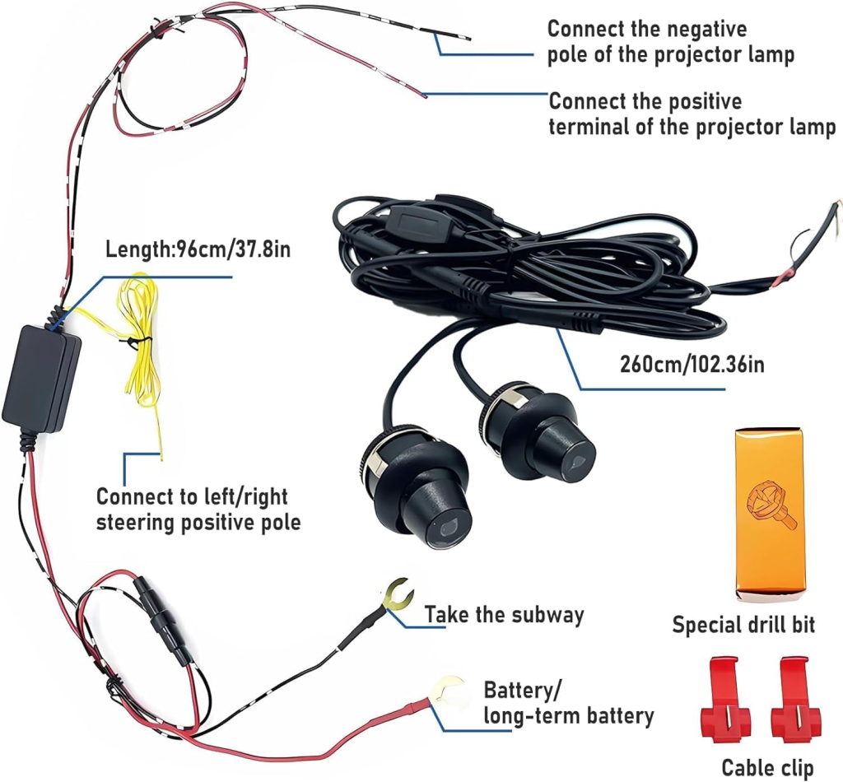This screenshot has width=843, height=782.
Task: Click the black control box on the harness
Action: [41, 379]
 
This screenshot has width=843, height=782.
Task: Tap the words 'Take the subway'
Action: [505, 614]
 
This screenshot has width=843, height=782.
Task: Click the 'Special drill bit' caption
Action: [743, 624]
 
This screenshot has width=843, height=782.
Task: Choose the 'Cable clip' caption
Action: [771, 767]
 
